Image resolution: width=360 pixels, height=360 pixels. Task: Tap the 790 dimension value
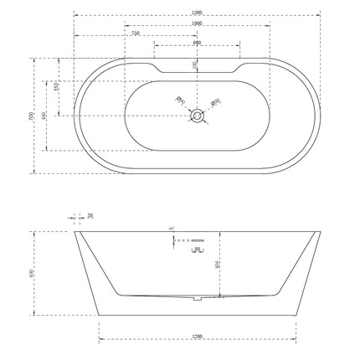136,33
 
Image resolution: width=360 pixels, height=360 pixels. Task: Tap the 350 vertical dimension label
56,87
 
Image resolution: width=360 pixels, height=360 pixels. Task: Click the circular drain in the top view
198,116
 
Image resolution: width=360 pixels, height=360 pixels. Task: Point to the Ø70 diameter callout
180,100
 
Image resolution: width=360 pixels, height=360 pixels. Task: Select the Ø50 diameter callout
215,102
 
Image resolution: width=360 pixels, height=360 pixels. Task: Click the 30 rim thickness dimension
90,216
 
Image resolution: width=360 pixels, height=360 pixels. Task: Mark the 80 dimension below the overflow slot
197,249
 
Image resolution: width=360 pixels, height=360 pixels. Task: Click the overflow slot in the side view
198,240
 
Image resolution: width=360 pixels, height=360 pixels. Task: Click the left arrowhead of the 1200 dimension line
101,340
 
